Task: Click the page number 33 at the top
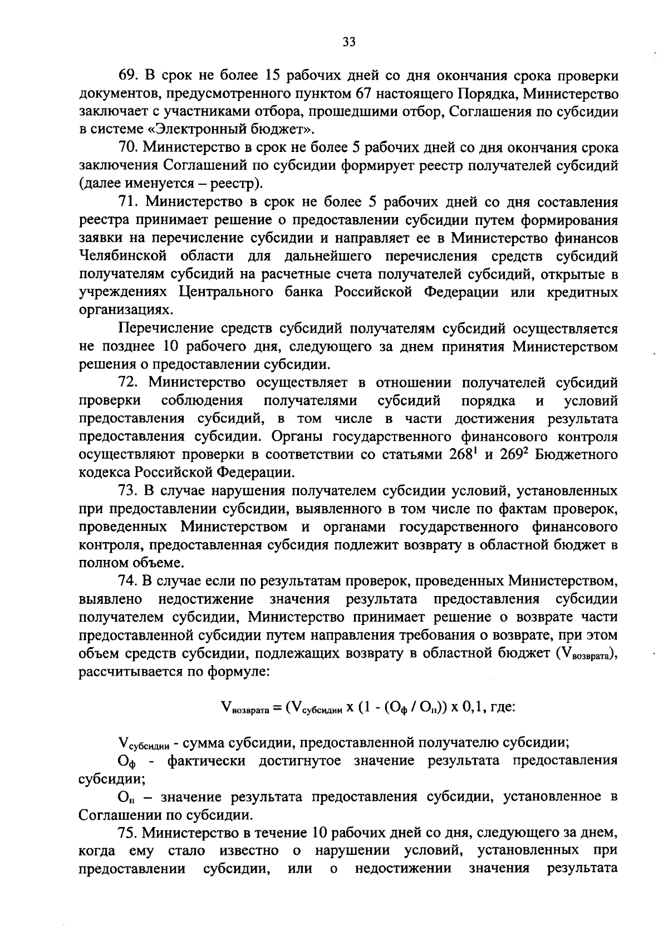pos(349,42)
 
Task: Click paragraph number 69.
pos(129,75)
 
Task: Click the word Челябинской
pos(124,257)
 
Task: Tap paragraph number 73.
pos(129,491)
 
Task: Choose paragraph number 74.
pos(129,582)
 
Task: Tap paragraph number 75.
pos(129,833)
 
